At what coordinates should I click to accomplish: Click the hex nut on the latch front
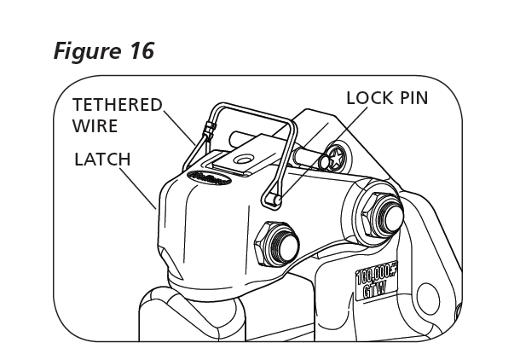(275, 242)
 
